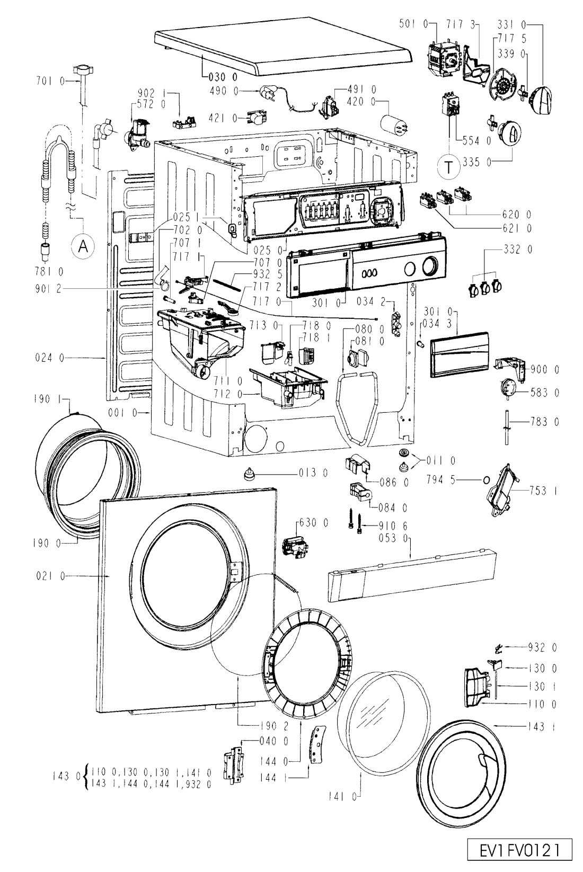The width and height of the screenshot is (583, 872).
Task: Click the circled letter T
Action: pyautogui.click(x=448, y=166)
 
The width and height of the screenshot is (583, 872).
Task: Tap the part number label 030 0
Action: pyautogui.click(x=223, y=77)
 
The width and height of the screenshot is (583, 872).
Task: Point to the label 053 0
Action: pyautogui.click(x=393, y=538)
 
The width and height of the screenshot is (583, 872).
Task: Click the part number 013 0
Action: pyautogui.click(x=314, y=473)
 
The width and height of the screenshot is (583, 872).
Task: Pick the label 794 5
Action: pyautogui.click(x=440, y=479)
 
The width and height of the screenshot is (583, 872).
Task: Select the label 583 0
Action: pyautogui.click(x=544, y=393)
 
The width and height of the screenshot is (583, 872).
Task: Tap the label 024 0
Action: pyautogui.click(x=50, y=358)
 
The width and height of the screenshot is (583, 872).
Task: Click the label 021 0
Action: pyautogui.click(x=51, y=576)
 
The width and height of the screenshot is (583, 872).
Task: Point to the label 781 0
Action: pyautogui.click(x=49, y=271)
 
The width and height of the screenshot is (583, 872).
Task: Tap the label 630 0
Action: pyautogui.click(x=314, y=523)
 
